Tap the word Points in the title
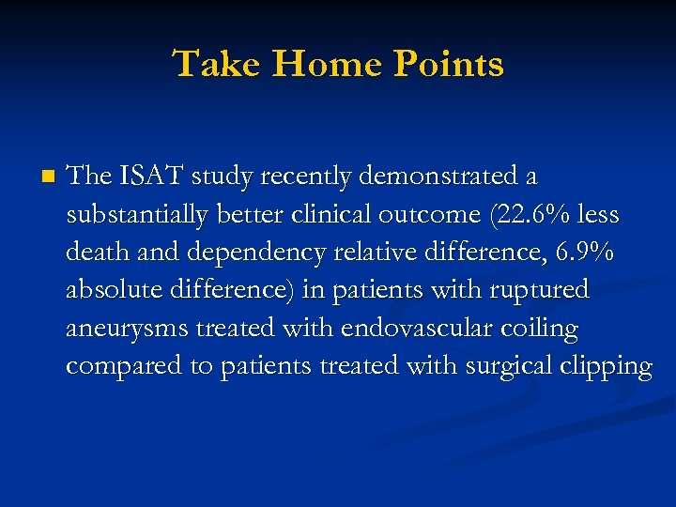[449, 65]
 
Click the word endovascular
[409, 329]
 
